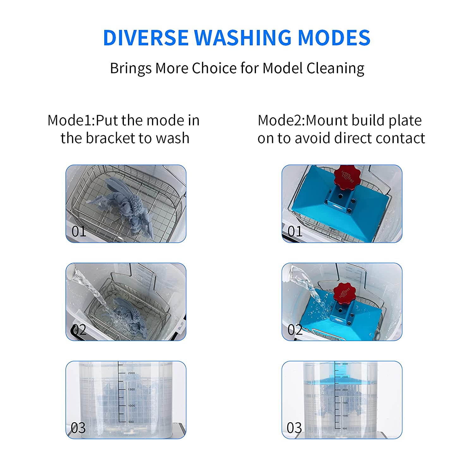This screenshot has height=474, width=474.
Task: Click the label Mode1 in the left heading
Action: (x=70, y=120)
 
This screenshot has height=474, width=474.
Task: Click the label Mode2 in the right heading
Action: (x=280, y=120)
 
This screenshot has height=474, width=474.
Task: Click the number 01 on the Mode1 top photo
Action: (x=79, y=231)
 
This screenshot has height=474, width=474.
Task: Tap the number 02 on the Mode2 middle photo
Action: (x=295, y=330)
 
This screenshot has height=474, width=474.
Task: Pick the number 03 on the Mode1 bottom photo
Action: (x=78, y=428)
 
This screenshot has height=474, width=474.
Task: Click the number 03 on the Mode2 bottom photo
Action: (x=294, y=428)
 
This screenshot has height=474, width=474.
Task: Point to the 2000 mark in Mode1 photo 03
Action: (x=131, y=373)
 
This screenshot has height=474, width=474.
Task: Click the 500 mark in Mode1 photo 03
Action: (x=131, y=422)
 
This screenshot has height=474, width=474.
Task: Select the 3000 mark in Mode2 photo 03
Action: (x=345, y=364)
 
